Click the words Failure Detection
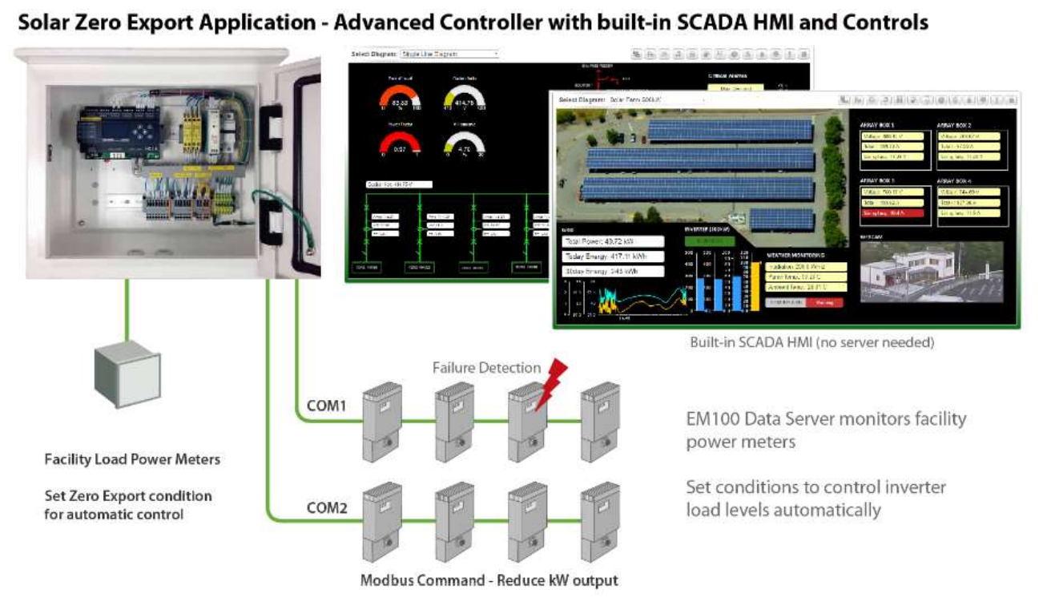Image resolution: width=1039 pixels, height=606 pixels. (x=486, y=368)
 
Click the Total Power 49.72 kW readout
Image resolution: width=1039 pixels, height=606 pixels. (x=613, y=241)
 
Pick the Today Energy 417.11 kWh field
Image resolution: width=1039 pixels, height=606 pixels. (x=613, y=257)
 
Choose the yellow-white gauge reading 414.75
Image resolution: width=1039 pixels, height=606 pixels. (x=465, y=99)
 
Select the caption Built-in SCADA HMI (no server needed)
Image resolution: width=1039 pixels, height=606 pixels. (x=811, y=342)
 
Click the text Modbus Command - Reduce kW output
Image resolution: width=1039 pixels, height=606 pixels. (x=489, y=580)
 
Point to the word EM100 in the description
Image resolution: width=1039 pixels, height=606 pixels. (x=710, y=419)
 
